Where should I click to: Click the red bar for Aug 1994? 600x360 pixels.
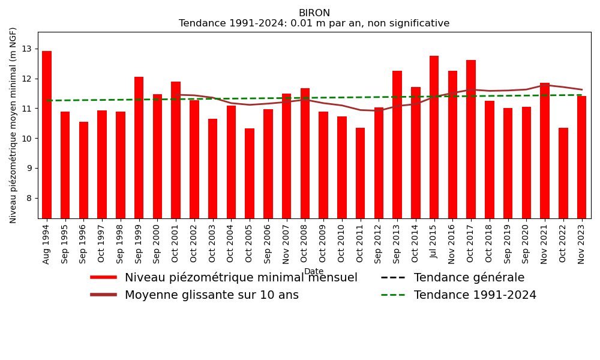pyautogui.click(x=47, y=134)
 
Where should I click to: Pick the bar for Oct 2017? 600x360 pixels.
pyautogui.click(x=471, y=139)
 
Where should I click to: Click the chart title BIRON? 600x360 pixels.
pyautogui.click(x=314, y=13)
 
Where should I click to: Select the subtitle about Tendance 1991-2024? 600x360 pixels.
pyautogui.click(x=314, y=24)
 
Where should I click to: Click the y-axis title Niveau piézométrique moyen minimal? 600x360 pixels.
pyautogui.click(x=14, y=125)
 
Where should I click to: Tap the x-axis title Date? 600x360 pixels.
pyautogui.click(x=314, y=272)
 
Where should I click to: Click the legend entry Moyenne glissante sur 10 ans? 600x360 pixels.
pyautogui.click(x=211, y=295)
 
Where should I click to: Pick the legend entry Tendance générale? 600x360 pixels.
pyautogui.click(x=469, y=278)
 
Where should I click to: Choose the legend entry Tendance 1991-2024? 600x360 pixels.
pyautogui.click(x=475, y=295)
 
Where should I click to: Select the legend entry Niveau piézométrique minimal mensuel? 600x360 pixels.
pyautogui.click(x=241, y=278)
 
